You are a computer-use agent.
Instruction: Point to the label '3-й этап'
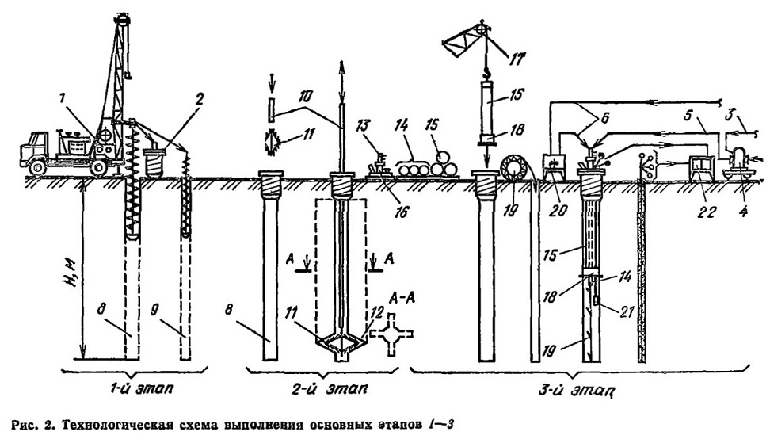click(578, 390)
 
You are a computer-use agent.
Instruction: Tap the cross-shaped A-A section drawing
click(391, 334)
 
